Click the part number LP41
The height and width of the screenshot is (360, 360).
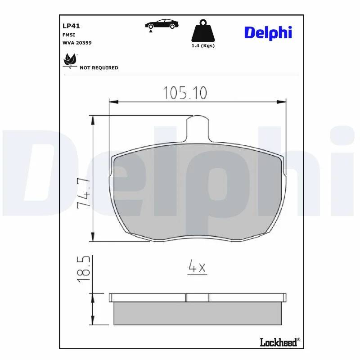click(x=71, y=26)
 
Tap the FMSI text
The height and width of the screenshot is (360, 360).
click(x=69, y=35)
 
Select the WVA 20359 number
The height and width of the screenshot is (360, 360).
click(x=77, y=43)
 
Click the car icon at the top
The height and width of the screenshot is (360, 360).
click(x=162, y=24)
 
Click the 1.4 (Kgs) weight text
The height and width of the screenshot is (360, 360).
click(x=203, y=46)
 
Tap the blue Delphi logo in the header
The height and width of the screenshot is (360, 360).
click(x=268, y=33)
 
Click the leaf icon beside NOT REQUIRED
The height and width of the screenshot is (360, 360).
click(x=70, y=61)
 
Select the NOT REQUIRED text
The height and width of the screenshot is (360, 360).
click(x=99, y=68)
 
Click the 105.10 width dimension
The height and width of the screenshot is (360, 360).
click(x=185, y=93)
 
